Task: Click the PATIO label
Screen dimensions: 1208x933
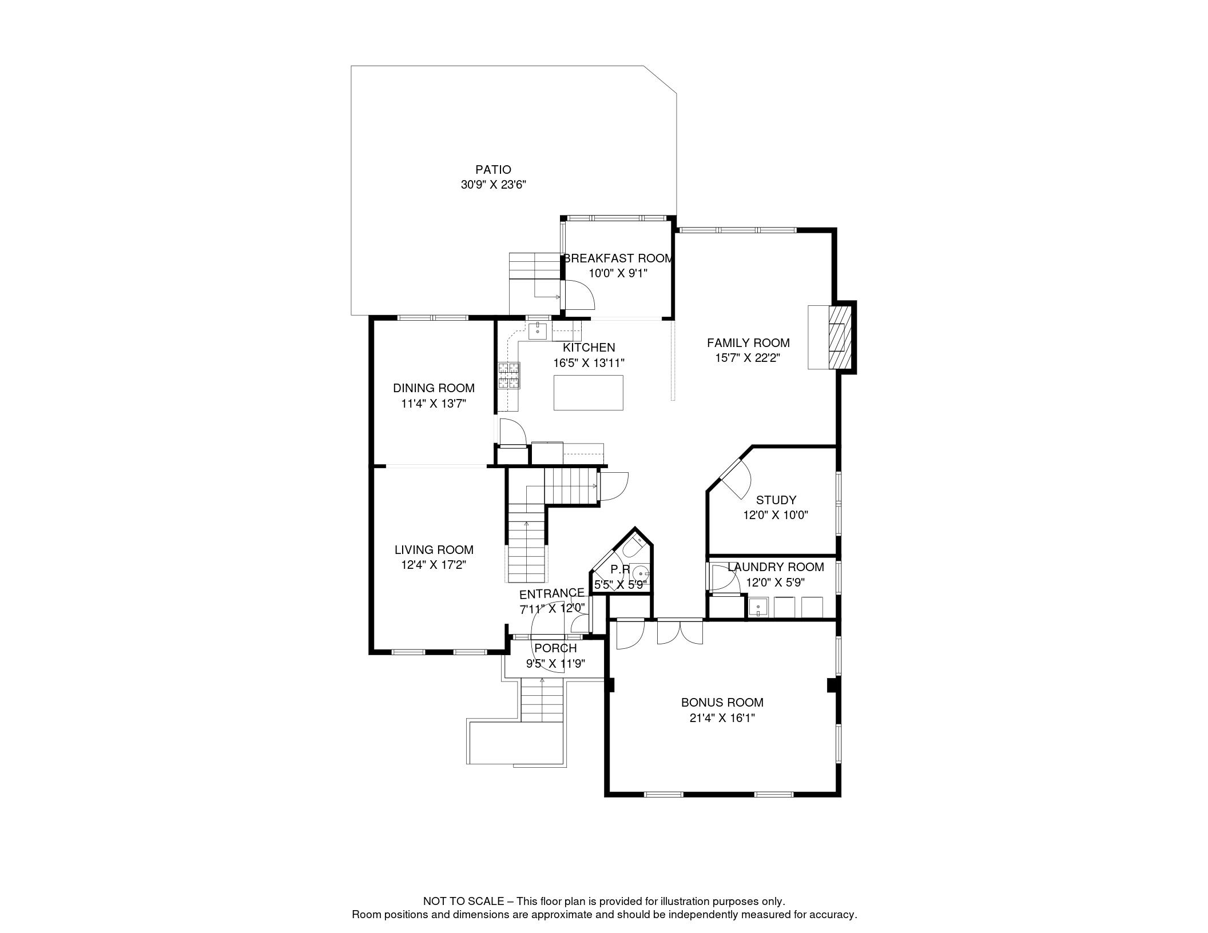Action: tap(493, 170)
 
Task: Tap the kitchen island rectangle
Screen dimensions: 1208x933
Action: tap(588, 392)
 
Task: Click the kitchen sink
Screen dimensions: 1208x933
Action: tap(538, 329)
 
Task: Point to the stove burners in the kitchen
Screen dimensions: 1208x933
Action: tap(509, 376)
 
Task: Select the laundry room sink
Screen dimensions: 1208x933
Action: tap(758, 607)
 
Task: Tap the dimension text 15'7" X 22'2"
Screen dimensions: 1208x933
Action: tap(748, 358)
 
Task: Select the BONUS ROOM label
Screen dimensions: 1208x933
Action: tap(722, 703)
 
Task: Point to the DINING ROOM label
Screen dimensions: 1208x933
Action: tap(434, 388)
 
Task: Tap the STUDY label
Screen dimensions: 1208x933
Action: tap(776, 500)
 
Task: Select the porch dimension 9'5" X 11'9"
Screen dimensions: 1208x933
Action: tap(555, 664)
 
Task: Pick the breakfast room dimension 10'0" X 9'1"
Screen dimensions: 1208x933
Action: tap(618, 273)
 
